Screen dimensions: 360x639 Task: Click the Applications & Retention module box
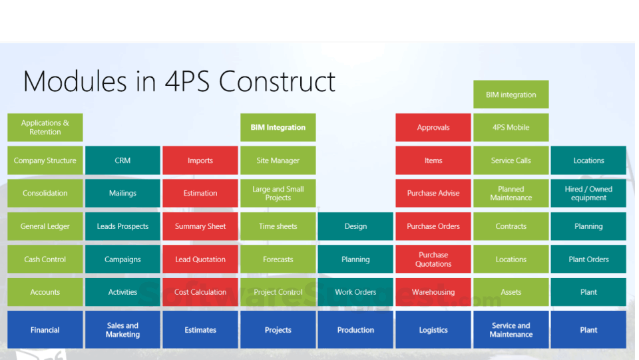click(45, 127)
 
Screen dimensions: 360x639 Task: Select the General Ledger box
click(45, 226)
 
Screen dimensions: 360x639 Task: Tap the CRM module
click(122, 160)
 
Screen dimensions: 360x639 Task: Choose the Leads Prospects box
click(122, 226)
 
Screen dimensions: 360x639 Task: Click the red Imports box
click(200, 160)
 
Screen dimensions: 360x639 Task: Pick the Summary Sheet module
click(200, 226)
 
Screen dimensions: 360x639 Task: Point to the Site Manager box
click(278, 160)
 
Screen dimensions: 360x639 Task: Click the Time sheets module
click(278, 226)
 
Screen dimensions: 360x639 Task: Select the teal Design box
click(355, 226)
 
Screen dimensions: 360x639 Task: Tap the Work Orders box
click(355, 292)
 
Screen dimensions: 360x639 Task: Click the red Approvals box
click(433, 127)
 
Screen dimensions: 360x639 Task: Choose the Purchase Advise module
click(433, 193)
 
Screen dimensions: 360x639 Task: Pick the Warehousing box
click(433, 292)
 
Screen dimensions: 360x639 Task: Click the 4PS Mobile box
click(511, 127)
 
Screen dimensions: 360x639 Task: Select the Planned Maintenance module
click(511, 193)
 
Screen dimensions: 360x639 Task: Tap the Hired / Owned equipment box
click(588, 193)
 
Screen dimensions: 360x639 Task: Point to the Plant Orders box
click(588, 260)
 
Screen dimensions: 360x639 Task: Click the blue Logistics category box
click(433, 329)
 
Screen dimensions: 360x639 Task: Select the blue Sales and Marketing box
click(122, 329)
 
